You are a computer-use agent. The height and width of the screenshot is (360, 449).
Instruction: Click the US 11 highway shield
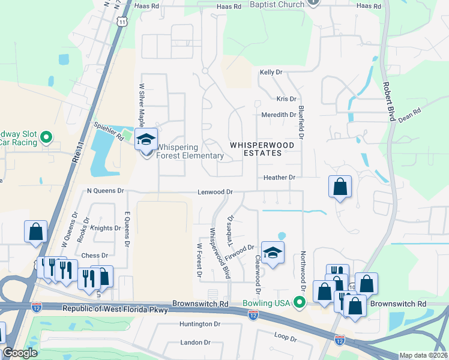(x=122, y=22)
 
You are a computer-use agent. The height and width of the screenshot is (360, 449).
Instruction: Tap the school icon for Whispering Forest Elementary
(x=146, y=140)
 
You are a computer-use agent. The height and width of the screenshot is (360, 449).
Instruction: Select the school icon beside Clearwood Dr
(x=273, y=254)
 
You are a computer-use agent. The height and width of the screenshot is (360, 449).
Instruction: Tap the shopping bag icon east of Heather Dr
(x=340, y=187)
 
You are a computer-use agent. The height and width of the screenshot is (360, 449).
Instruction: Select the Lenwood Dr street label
(x=215, y=192)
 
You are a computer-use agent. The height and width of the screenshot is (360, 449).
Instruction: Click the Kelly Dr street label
(x=271, y=72)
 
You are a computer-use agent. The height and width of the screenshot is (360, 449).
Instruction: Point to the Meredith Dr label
(x=278, y=115)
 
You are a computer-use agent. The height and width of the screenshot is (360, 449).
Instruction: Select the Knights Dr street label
(x=106, y=229)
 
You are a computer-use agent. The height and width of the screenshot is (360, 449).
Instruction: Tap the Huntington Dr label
(x=200, y=324)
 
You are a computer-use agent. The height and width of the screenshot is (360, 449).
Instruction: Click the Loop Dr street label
(x=285, y=337)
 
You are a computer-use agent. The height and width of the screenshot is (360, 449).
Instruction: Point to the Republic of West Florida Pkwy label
(x=115, y=308)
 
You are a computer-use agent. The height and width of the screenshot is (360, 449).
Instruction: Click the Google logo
(x=20, y=353)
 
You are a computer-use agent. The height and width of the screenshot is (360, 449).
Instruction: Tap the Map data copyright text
(x=423, y=355)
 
